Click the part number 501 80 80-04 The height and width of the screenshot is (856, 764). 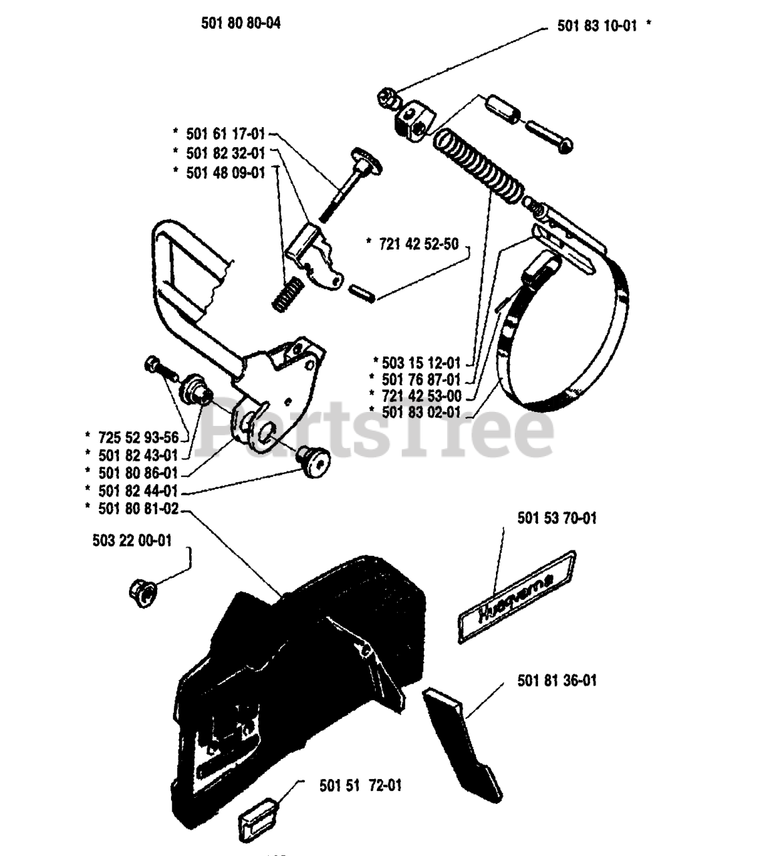(241, 23)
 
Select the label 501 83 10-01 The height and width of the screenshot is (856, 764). (597, 27)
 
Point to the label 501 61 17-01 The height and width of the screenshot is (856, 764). (226, 134)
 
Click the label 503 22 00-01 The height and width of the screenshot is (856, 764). (132, 540)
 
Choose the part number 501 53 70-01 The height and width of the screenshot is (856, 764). (557, 518)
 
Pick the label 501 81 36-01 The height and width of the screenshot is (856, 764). (557, 681)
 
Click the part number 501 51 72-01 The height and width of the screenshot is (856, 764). (361, 785)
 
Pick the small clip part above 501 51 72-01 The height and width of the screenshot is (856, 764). (257, 817)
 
